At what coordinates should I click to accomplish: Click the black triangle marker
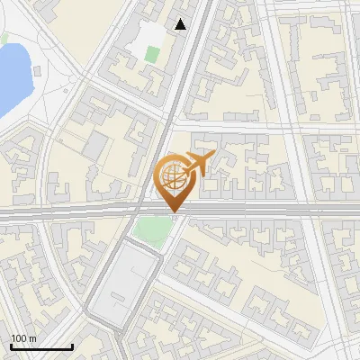pyautogui.click(x=182, y=24)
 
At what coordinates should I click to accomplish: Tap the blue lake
pyautogui.click(x=11, y=76)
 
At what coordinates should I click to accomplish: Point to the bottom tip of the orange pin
pyautogui.click(x=173, y=212)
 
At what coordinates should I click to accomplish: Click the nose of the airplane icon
pyautogui.click(x=211, y=156)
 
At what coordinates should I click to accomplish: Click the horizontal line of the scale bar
pyautogui.click(x=41, y=346)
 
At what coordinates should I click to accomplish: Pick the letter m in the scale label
pyautogui.click(x=32, y=338)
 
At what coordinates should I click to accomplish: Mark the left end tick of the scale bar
pyautogui.click(x=11, y=345)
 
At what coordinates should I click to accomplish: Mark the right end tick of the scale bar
pyautogui.click(x=72, y=345)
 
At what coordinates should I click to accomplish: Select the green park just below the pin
pyautogui.click(x=151, y=231)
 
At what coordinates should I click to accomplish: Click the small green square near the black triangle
pyautogui.click(x=151, y=54)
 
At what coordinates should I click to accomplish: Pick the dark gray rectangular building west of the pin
pyautogui.click(x=95, y=146)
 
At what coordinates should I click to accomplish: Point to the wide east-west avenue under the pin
pyautogui.click(x=270, y=211)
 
